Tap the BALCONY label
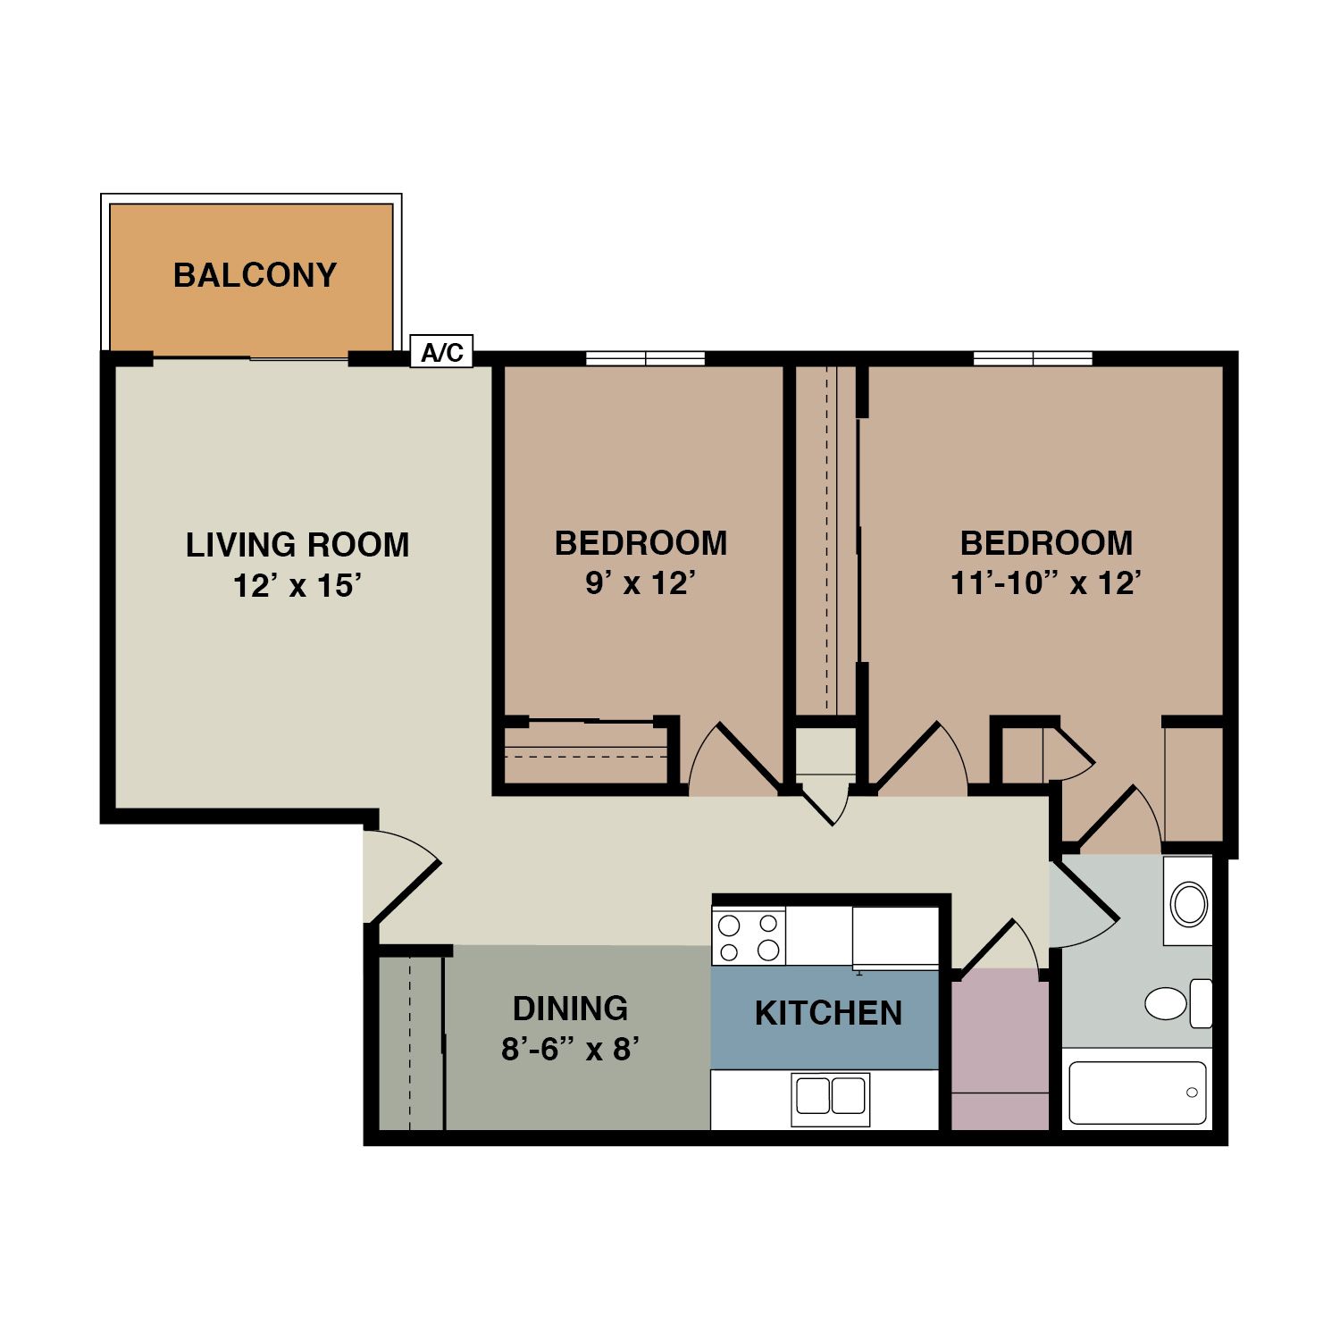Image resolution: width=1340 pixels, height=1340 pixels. [x=255, y=275]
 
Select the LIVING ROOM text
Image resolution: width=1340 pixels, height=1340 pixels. [x=297, y=545]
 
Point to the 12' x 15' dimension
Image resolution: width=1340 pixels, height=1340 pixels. [x=297, y=586]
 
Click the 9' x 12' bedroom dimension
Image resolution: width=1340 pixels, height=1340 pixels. [x=641, y=583]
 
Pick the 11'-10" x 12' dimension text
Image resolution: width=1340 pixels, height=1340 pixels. [x=1046, y=583]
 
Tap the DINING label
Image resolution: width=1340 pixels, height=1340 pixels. [x=570, y=1009]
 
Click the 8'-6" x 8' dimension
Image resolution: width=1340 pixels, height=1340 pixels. [x=570, y=1048]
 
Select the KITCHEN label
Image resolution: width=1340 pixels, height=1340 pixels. [x=828, y=1013]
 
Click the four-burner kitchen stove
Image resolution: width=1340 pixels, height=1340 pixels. [x=749, y=936]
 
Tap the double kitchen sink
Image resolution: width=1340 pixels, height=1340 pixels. [x=831, y=1098]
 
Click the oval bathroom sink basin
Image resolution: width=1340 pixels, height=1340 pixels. [x=1189, y=905]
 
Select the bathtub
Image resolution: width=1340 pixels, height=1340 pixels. [x=1137, y=1093]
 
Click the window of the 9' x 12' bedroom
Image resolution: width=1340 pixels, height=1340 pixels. [x=645, y=358]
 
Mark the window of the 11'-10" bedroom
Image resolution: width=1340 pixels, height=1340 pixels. [x=1033, y=358]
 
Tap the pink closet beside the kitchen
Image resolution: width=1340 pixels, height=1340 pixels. [x=1000, y=1050]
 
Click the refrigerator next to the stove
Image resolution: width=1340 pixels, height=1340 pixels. [x=895, y=937]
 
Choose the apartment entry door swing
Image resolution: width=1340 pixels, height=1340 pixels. [x=402, y=876]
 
